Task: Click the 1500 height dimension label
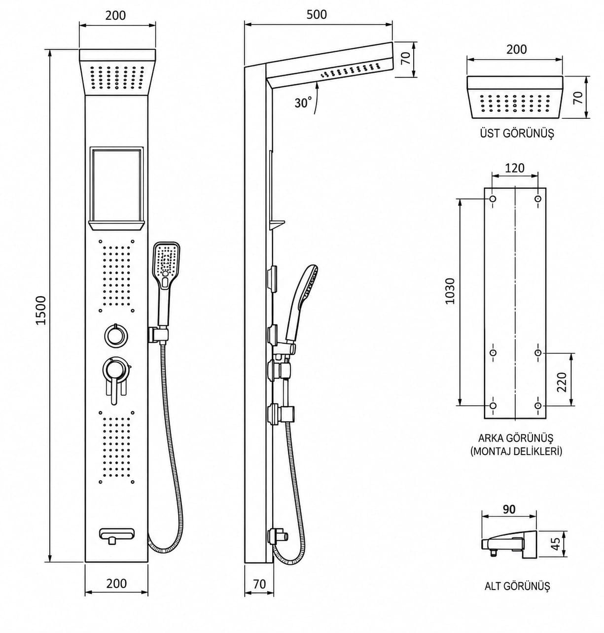(x=41, y=310)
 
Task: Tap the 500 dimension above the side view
(x=317, y=14)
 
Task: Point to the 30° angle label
(x=303, y=103)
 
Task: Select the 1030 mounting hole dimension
(x=449, y=291)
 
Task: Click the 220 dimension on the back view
(x=562, y=382)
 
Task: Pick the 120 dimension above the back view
(x=514, y=168)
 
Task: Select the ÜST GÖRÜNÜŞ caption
(x=517, y=133)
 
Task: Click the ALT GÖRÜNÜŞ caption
(x=517, y=586)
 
